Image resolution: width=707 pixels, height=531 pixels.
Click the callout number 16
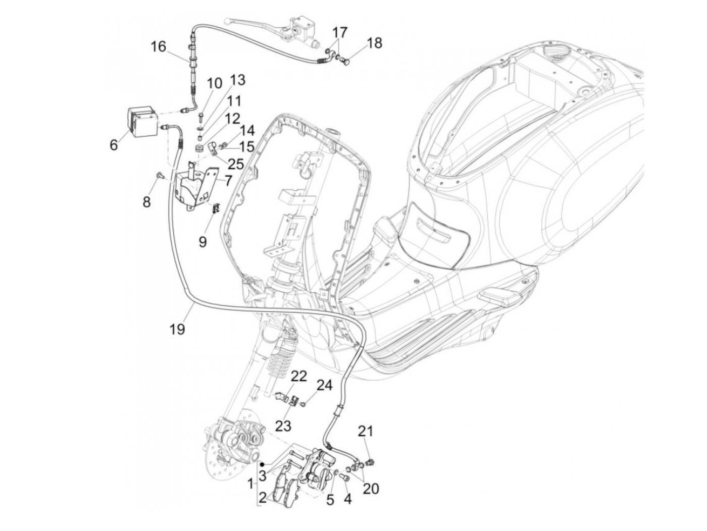158,47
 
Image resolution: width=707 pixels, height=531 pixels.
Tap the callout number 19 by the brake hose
177,329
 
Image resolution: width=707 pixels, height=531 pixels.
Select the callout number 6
114,145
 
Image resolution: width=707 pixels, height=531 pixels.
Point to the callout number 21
366,431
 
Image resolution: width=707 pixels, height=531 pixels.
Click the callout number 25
236,164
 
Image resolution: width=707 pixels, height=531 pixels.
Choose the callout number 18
374,43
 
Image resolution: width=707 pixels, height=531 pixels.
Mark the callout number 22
299,376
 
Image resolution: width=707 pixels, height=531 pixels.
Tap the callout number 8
146,202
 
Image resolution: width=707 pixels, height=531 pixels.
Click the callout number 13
237,80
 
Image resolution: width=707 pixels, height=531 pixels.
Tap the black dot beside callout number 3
263,463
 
